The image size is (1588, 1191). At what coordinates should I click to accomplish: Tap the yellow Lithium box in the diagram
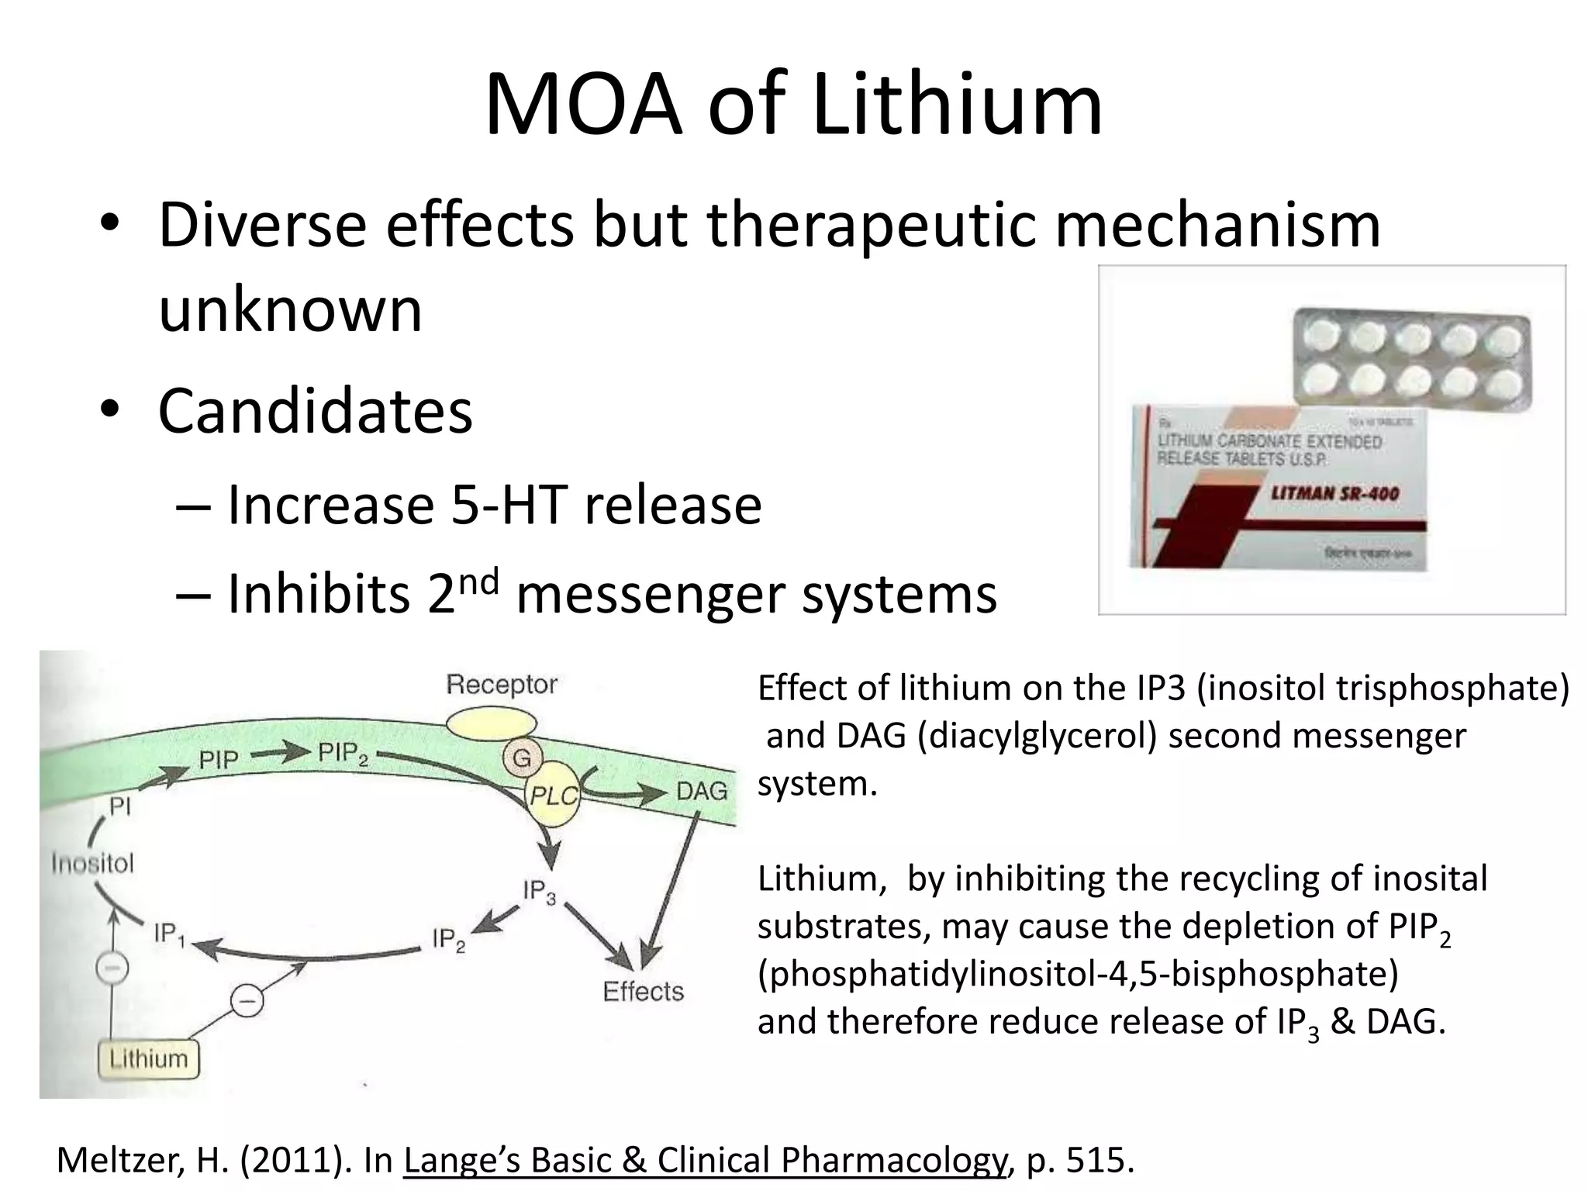point(148,1059)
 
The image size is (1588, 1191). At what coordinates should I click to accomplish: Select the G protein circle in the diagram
point(522,758)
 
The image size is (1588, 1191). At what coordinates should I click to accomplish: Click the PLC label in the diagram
point(554,796)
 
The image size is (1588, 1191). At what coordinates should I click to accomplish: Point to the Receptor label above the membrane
point(502,685)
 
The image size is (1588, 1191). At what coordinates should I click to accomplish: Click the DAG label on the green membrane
point(702,791)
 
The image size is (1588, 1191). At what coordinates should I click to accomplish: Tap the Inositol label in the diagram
point(92,863)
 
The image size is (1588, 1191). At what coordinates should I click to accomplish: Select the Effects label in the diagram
point(644,992)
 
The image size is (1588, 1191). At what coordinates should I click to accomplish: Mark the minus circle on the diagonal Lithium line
point(247,1001)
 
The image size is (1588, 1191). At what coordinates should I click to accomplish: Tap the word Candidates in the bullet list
point(315,410)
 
